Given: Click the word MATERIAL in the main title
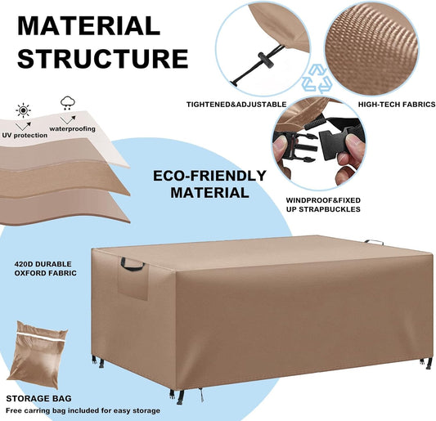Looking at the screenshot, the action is tap(88, 26).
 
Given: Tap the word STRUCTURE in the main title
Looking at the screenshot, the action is tap(103, 59).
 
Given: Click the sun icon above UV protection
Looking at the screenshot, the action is tap(24, 110).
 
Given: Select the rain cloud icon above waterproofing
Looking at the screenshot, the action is tap(68, 103).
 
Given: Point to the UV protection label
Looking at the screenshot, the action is tap(25, 136).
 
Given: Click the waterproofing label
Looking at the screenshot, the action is tap(72, 129).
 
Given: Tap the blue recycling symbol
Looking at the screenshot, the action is tap(317, 79).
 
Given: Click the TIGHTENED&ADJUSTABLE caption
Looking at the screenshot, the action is tap(236, 105).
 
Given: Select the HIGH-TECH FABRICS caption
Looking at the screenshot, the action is tap(397, 105).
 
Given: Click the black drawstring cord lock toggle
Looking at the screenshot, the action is tap(266, 60).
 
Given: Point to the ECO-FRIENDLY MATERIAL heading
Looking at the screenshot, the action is tap(210, 184).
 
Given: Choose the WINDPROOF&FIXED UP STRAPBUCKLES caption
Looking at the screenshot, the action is tap(323, 205).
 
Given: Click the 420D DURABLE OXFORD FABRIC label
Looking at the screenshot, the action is tap(45, 268).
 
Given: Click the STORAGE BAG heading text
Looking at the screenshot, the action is tap(38, 398).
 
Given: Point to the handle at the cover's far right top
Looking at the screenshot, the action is tap(374, 242).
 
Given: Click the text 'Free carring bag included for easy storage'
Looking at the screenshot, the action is tap(83, 410).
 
